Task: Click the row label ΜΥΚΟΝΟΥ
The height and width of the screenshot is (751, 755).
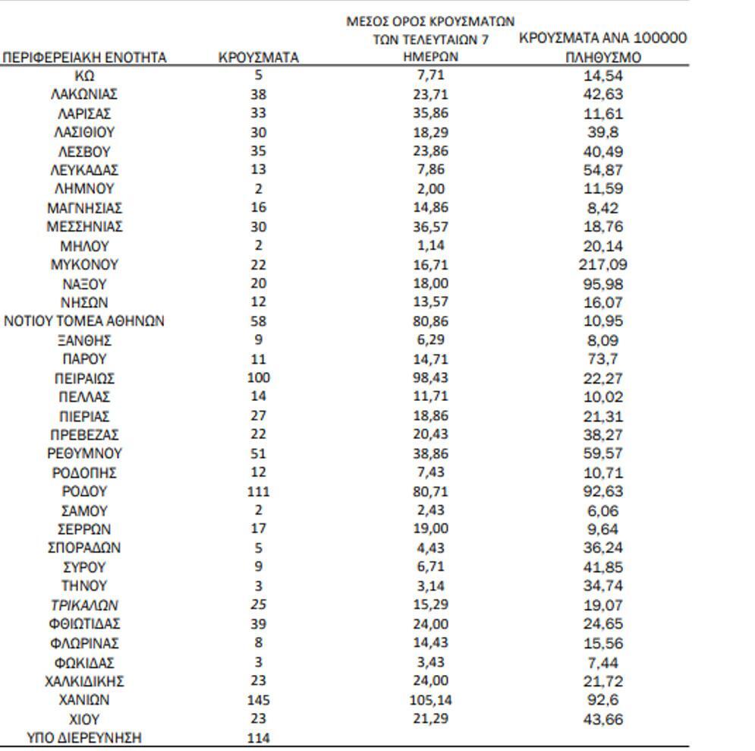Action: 84,265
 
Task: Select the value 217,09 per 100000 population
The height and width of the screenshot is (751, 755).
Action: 602,265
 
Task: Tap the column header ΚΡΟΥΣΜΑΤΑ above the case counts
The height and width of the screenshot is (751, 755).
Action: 258,57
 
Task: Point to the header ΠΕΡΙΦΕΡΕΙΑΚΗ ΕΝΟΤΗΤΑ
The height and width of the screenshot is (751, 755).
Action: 84,57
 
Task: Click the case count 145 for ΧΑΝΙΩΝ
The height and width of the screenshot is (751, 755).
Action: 258,699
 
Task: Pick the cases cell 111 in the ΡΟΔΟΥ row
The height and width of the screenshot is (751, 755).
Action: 258,491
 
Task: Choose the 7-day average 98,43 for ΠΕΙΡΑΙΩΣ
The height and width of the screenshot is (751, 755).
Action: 430,378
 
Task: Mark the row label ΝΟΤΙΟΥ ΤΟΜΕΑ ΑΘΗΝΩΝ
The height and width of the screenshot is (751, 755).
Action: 84,321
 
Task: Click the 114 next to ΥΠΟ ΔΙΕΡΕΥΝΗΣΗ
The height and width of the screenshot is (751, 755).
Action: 258,737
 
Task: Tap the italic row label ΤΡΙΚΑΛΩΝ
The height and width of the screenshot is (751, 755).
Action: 84,605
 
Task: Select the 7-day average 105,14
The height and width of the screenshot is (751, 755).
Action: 430,699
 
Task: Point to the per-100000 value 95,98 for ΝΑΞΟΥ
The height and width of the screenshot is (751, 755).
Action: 602,284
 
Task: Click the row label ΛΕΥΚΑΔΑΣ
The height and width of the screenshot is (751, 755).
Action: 84,170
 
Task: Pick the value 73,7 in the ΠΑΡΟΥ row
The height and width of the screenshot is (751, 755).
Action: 602,359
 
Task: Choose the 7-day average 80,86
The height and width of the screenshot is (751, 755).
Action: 430,321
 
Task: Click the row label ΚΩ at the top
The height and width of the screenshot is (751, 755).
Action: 84,76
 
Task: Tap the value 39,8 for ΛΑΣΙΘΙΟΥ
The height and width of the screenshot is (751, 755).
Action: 602,132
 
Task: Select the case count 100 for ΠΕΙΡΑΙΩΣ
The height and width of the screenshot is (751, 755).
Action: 258,378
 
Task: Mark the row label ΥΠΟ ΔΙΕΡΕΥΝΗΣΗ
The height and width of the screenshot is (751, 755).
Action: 84,737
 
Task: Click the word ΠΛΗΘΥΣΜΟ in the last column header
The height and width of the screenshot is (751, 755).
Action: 602,57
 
